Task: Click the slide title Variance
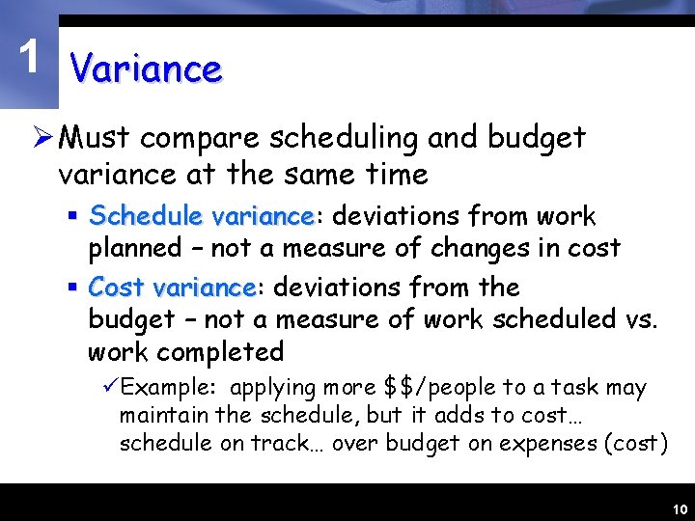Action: (x=147, y=69)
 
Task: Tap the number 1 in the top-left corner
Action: (x=32, y=59)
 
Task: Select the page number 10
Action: (x=678, y=509)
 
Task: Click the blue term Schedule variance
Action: (x=201, y=215)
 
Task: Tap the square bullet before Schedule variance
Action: (x=73, y=215)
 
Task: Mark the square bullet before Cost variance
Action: (x=73, y=288)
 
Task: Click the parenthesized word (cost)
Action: (x=633, y=444)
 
